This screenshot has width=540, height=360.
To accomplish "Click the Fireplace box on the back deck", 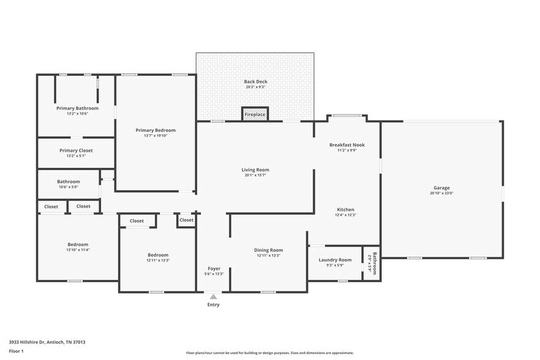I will click(x=255, y=114).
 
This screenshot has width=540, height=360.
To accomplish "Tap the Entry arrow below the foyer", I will click(x=213, y=296).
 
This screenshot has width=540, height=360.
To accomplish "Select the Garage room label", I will click(x=441, y=188).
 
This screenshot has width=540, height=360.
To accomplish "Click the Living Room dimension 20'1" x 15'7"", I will click(x=255, y=176).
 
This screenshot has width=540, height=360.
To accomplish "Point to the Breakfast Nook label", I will click(x=347, y=145).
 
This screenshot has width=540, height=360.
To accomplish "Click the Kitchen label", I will click(x=345, y=209).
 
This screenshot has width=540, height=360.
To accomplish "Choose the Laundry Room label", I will click(x=335, y=260).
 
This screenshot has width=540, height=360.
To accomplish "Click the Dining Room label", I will click(x=268, y=250).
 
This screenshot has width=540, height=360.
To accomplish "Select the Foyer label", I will click(x=214, y=268).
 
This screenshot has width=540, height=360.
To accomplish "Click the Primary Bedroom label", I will click(x=156, y=130).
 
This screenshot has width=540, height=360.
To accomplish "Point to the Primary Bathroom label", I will click(x=77, y=108).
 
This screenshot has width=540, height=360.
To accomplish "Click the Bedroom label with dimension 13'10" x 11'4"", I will click(x=78, y=244).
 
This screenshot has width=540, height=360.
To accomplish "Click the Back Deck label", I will click(x=255, y=81).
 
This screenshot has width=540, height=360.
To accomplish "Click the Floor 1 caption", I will click(x=17, y=351).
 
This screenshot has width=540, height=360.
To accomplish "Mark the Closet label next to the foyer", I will click(x=186, y=220).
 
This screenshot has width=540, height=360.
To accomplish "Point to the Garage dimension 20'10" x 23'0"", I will click(x=441, y=193).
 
